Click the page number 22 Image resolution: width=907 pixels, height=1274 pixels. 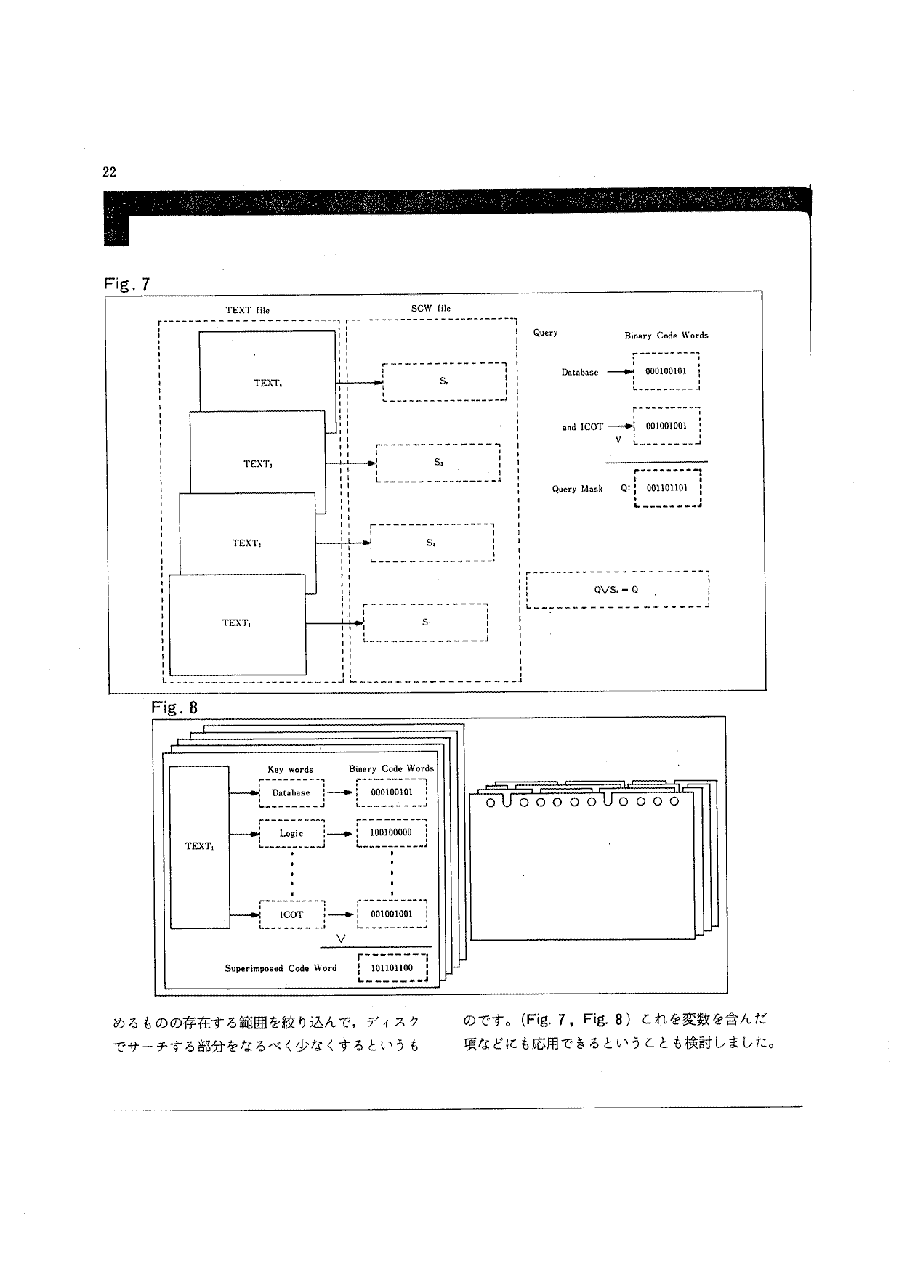point(109,172)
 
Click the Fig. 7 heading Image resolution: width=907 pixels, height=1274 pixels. point(127,283)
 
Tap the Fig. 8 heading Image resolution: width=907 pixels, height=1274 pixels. point(174,707)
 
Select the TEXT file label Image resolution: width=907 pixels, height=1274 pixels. point(247,310)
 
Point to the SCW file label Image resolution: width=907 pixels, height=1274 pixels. point(431,309)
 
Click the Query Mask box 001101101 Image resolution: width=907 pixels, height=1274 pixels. point(667,488)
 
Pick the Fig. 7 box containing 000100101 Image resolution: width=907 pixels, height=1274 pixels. point(666,371)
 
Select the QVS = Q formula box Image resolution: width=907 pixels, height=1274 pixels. point(617,589)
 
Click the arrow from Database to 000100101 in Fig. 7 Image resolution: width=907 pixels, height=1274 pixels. point(620,372)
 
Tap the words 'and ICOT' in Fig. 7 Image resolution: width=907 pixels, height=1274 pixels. point(582,427)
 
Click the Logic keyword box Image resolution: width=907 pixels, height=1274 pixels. point(291,833)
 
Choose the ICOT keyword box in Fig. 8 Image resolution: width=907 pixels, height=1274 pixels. point(291,914)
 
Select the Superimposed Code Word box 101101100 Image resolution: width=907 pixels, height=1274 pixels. point(392,968)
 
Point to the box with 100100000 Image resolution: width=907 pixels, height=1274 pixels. point(391,833)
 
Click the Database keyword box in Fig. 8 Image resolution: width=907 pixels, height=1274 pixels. point(291,793)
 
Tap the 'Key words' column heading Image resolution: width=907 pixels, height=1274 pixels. point(291,770)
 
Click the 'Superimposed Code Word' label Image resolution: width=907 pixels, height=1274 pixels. point(281,968)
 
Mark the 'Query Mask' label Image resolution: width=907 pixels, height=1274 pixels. point(577,489)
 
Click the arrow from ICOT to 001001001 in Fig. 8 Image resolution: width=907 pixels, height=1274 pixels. point(340,914)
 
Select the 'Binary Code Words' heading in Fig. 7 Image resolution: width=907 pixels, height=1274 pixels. point(666,336)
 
